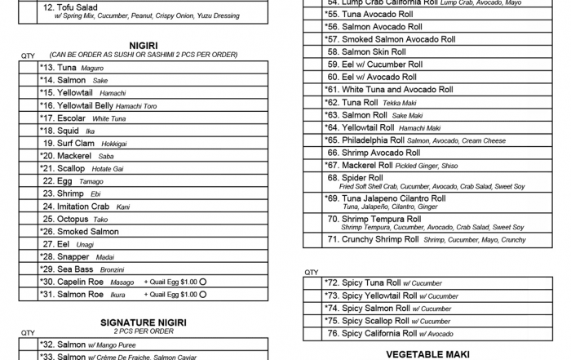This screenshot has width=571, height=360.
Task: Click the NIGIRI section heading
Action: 143,45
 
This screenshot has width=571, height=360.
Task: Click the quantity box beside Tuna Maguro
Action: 28,68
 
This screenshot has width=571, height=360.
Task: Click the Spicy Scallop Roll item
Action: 377,321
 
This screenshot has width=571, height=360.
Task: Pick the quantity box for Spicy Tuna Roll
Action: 311,283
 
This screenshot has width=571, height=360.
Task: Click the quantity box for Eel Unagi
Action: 28,244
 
